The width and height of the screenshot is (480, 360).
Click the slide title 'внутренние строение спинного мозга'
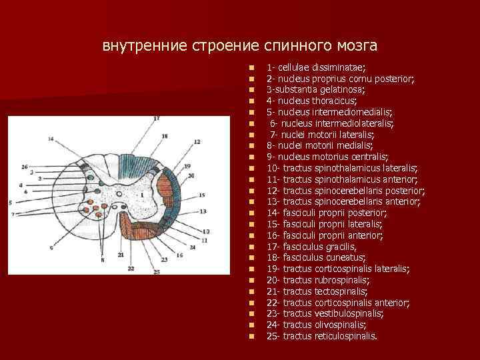239,46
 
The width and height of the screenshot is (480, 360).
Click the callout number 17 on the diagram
156,119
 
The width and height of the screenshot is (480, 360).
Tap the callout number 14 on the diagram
51,139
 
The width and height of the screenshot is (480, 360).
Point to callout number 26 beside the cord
25,166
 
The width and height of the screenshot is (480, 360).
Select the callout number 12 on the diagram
197,143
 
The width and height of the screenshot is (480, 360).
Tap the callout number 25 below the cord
156,271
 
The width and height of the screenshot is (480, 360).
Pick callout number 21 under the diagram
121,255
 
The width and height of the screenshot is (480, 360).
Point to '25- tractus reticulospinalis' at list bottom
321,336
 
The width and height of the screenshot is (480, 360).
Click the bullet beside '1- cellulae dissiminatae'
251,67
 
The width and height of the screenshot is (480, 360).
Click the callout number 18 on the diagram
165,136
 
